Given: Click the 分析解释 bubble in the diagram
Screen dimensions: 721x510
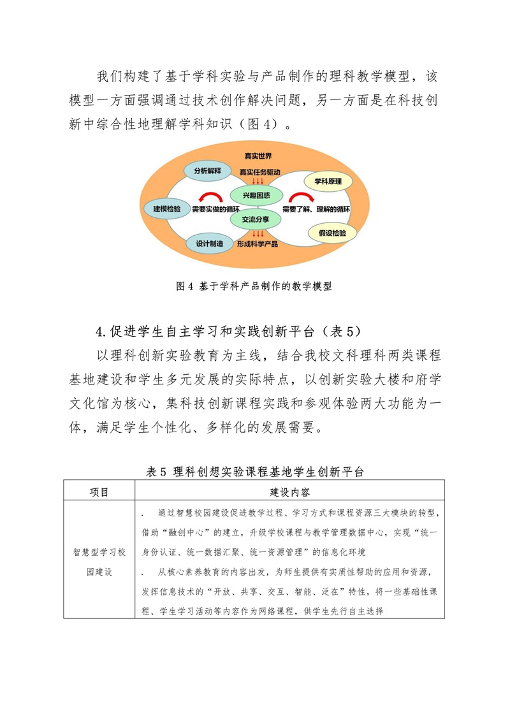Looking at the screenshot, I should pos(206,171).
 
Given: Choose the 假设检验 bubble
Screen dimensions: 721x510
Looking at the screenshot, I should pos(332,233).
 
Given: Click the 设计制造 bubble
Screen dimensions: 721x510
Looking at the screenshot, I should pos(209,244).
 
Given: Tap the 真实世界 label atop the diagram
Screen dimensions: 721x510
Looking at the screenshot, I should pos(258,156).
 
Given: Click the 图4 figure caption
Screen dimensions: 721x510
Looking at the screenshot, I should pos(254,286).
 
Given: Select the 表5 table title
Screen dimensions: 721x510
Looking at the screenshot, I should pos(254,472).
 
